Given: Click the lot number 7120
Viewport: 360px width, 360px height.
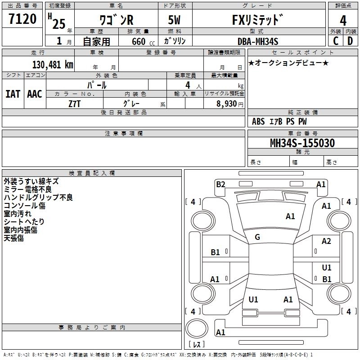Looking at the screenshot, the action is click(22, 19).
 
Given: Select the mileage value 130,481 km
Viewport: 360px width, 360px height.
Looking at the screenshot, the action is click(53, 65).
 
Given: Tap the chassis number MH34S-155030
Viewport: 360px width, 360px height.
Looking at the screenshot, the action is click(302, 143).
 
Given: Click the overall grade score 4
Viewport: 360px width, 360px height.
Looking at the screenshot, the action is click(343, 20).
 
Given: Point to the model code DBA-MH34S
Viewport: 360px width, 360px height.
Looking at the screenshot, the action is click(258, 41).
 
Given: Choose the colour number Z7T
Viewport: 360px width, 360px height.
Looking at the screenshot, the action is click(74, 104).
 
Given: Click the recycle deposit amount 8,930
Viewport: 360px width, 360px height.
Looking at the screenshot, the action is click(227, 104).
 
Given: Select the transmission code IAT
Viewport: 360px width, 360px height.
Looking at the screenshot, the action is click(13, 94).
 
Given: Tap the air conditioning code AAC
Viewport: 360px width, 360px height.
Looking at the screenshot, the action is click(35, 94).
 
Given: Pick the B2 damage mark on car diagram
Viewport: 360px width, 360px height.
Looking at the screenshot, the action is click(220, 184).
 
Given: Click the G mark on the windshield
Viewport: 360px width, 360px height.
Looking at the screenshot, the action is click(257, 237).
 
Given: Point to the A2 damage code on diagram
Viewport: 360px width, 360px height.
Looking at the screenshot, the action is click(326, 241).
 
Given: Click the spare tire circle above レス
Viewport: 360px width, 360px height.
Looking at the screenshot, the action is click(197, 328).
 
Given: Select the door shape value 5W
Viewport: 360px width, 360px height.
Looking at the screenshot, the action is click(174, 20).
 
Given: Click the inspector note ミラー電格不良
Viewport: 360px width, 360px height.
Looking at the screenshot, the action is click(28, 189).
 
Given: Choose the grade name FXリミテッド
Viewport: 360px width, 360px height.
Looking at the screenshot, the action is click(257, 20).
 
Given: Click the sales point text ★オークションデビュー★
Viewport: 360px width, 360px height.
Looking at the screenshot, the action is click(288, 63).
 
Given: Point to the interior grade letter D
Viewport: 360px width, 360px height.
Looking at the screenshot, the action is click(350, 41).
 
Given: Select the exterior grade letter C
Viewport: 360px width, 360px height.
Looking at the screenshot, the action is click(336, 41).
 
